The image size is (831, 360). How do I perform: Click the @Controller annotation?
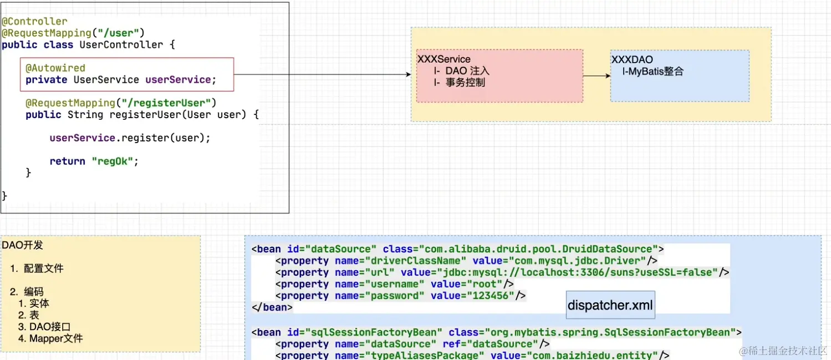click(x=34, y=22)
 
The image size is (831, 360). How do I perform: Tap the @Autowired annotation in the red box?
click(x=55, y=68)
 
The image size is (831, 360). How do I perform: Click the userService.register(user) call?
click(x=130, y=138)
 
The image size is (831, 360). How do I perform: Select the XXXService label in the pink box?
click(x=443, y=59)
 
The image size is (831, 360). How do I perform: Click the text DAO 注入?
click(x=467, y=71)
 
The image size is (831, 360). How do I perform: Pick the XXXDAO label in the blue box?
click(x=632, y=59)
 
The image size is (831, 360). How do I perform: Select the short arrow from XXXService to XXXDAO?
click(x=597, y=76)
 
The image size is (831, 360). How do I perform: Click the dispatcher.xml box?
click(x=610, y=305)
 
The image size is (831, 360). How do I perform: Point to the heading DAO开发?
click(x=22, y=245)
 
